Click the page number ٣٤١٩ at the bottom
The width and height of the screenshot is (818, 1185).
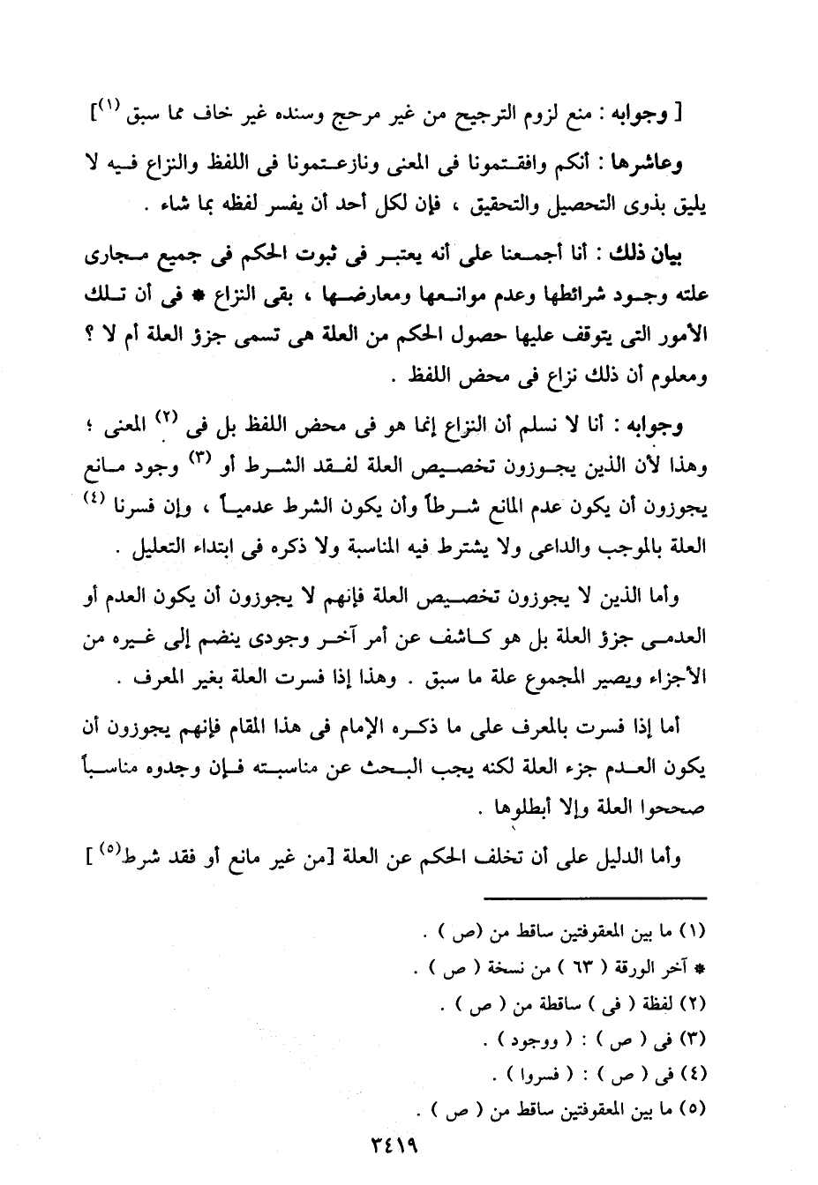coord(388,1148)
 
